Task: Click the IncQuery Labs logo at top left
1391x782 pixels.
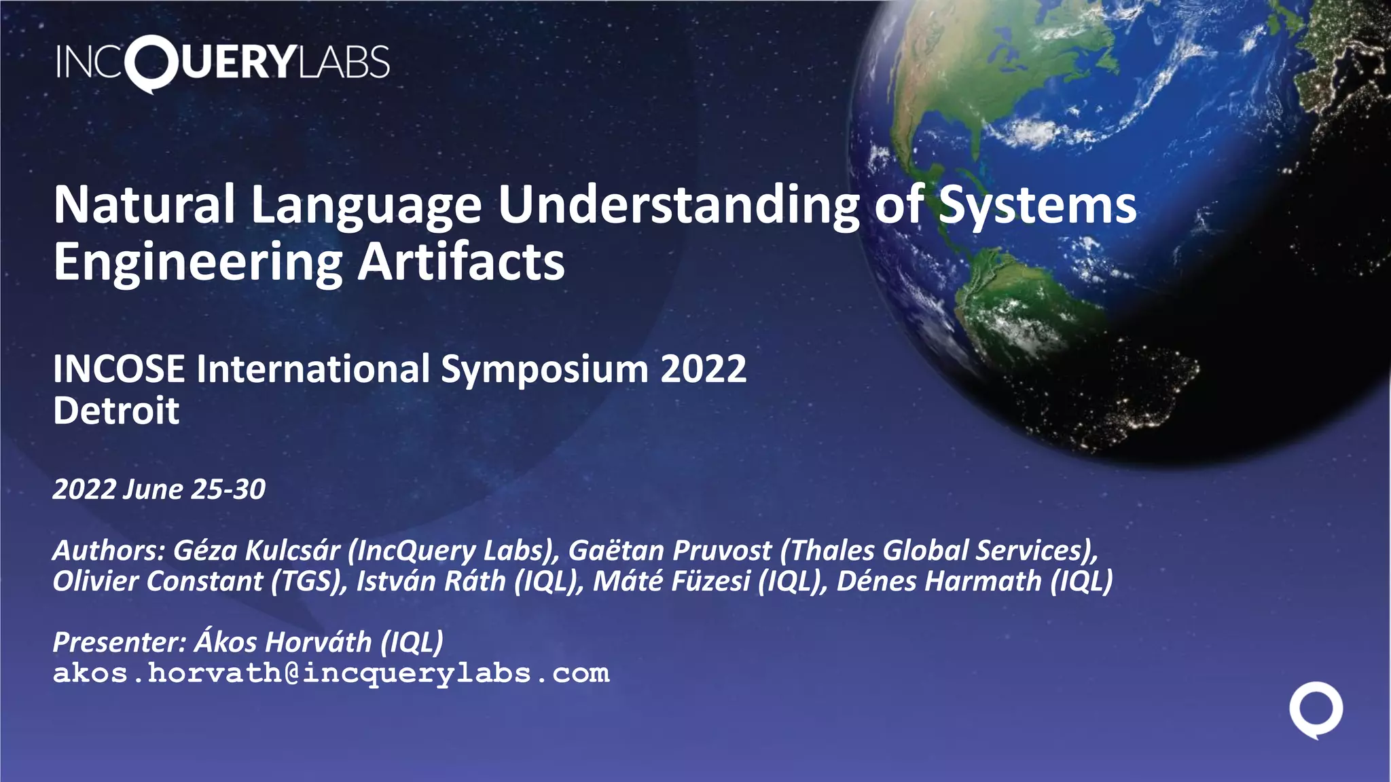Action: pos(223,62)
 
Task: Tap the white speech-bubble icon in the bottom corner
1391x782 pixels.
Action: pos(1316,709)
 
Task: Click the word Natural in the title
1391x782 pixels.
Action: pos(145,204)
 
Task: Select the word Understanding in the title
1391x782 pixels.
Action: pos(679,204)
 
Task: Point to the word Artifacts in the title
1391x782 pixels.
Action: pos(461,262)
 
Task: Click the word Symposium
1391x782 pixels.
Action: pos(545,371)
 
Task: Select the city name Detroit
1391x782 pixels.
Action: pos(116,411)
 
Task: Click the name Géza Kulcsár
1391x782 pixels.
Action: pos(257,551)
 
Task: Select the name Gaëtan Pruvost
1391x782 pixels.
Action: pos(670,551)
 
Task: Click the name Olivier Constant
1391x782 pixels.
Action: pos(158,581)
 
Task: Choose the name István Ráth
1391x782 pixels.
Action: pos(431,581)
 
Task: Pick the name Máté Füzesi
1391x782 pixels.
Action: pos(672,581)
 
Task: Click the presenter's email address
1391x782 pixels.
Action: pos(331,673)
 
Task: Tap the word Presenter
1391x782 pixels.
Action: pos(119,642)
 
